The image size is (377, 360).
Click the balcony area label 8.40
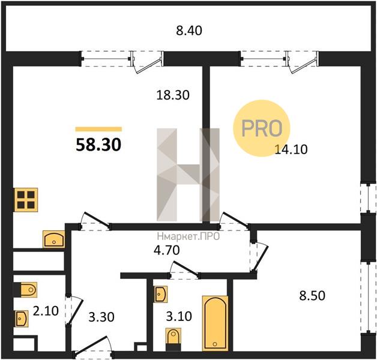pos(189,31)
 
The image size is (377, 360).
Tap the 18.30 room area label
pos(173,95)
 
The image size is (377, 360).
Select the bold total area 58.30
pos(98,145)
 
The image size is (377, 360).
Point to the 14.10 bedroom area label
pos(291,149)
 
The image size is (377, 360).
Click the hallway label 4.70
pos(167,250)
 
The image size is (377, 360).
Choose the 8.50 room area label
pos(312,296)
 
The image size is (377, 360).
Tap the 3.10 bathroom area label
pos(179,317)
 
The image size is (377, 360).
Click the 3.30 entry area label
pos(101,317)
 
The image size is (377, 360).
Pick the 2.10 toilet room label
pos(46,311)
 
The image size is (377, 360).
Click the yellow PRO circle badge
pos(262,128)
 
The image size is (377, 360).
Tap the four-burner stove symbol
pos(26,200)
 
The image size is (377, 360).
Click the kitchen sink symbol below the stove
pos(54,239)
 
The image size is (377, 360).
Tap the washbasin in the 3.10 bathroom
pos(161,294)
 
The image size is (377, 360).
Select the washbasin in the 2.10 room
pos(22,319)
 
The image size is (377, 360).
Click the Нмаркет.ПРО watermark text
pos(188,237)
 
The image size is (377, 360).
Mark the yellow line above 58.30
pos(98,129)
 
